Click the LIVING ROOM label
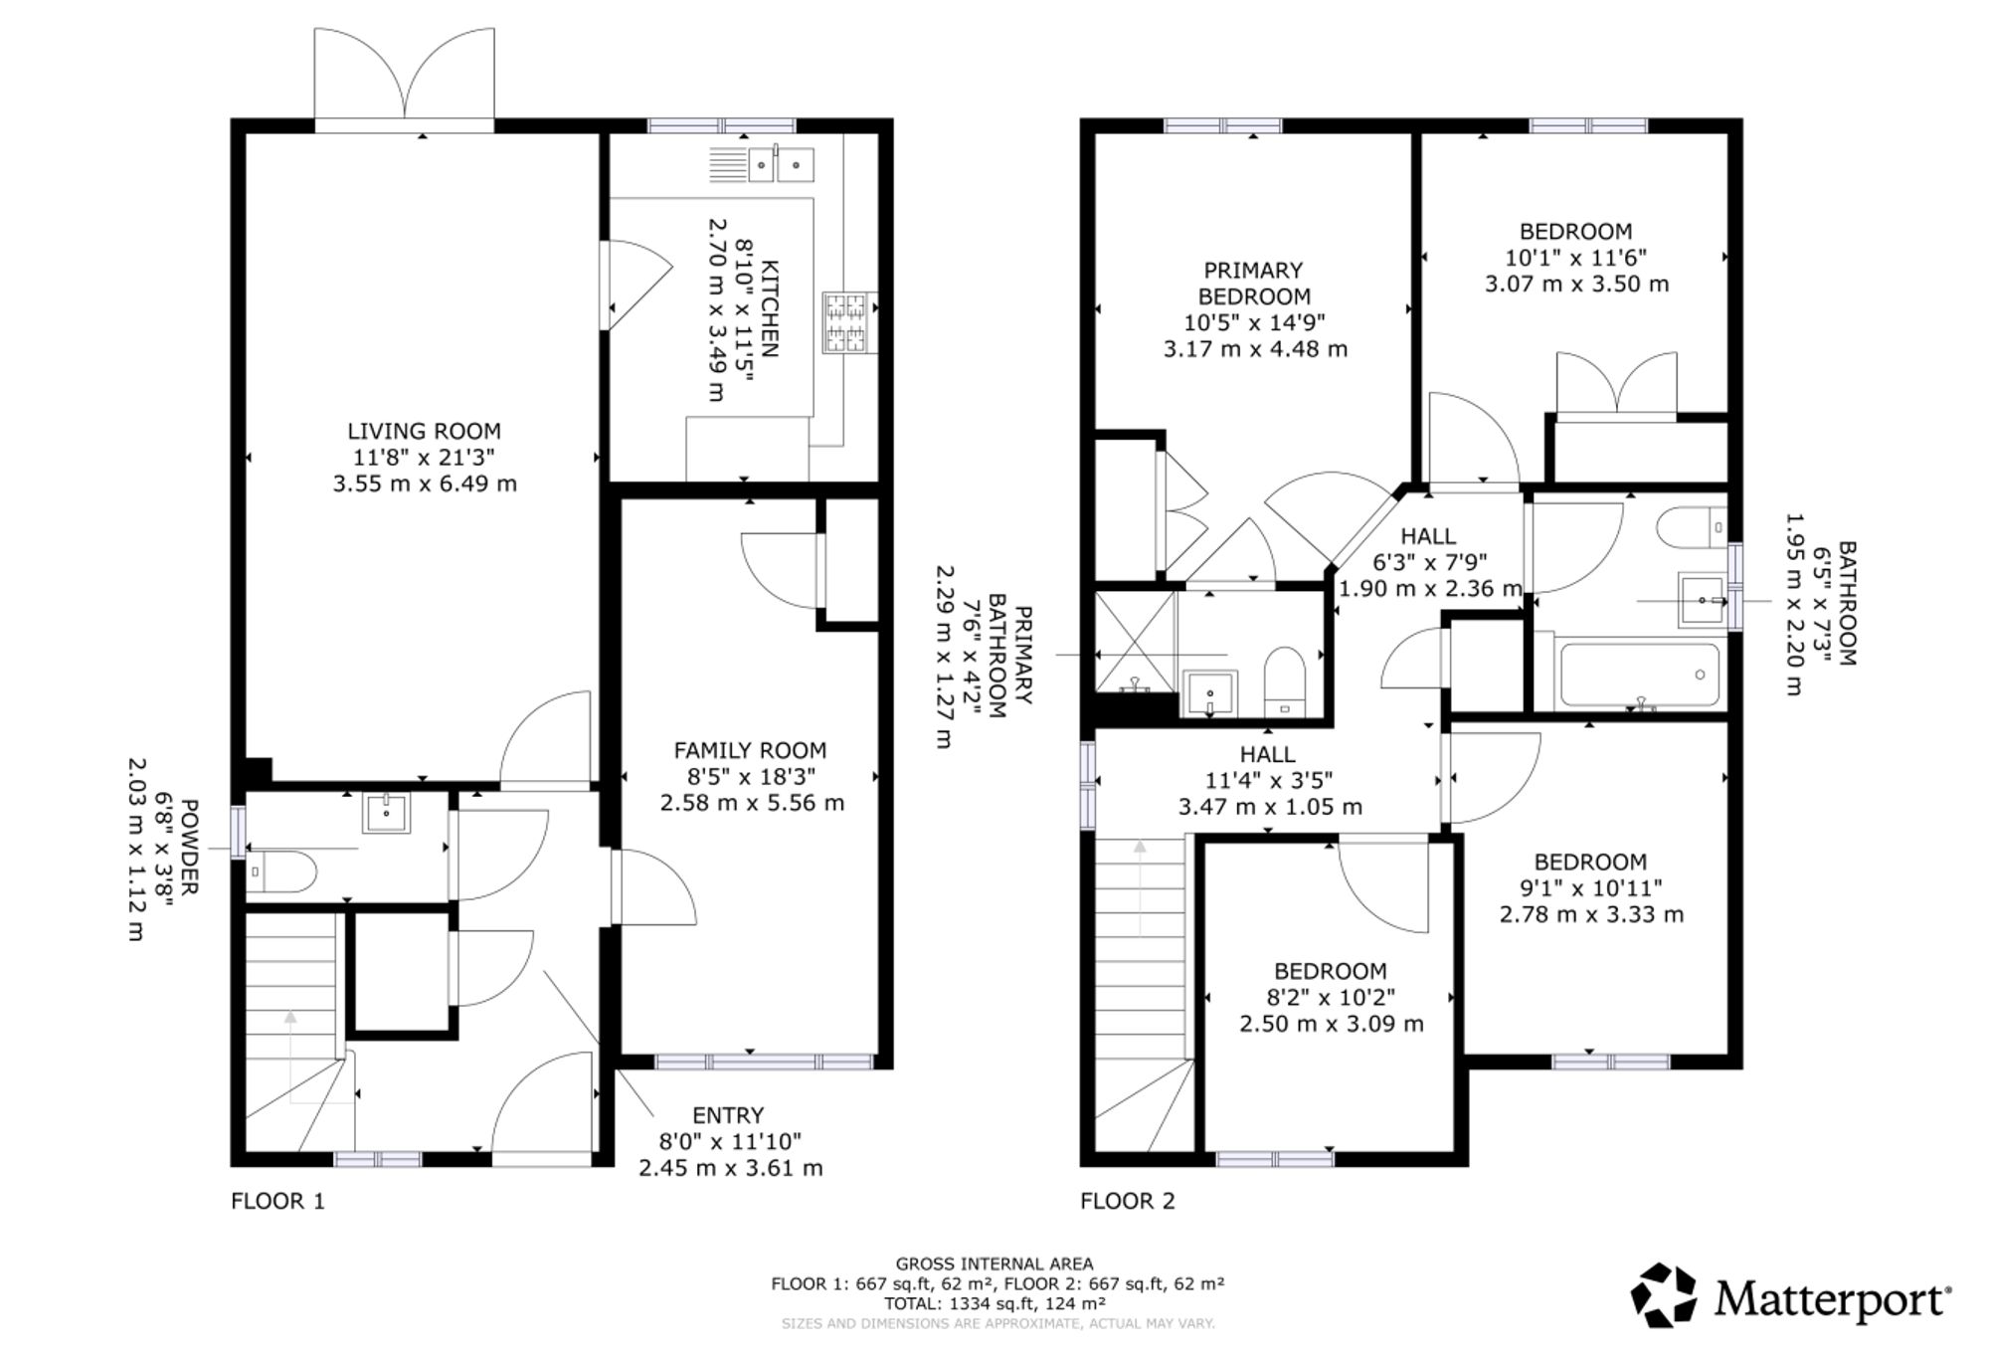[x=424, y=431]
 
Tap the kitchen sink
[x=761, y=164]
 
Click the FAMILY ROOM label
[x=750, y=750]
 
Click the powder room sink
[x=386, y=813]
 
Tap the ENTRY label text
[x=728, y=1115]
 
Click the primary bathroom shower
[x=1135, y=642]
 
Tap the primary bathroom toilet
[x=1284, y=681]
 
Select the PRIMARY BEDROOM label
[x=1253, y=284]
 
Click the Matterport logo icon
[x=1664, y=1294]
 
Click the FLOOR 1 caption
[x=277, y=1201]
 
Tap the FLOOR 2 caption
[x=1128, y=1201]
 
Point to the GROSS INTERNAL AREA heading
[x=994, y=1264]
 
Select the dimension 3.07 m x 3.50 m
[x=1576, y=284]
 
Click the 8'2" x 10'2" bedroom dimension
[x=1331, y=997]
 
